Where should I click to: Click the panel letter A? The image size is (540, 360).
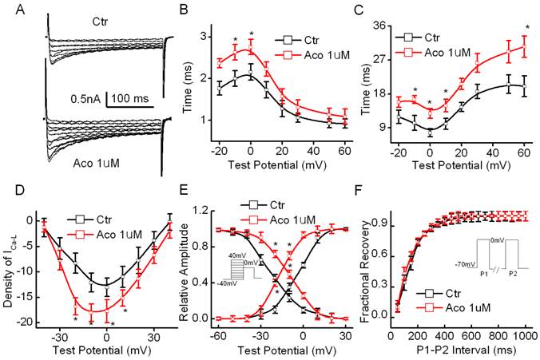(9, 10)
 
